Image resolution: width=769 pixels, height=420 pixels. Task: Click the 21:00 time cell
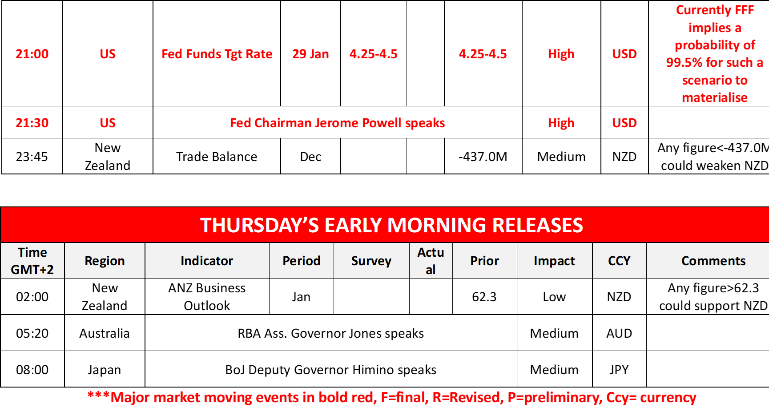coord(32,54)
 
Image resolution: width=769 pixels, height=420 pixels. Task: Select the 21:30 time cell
coord(32,123)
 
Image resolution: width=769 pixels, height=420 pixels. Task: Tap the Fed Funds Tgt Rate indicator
coord(217,54)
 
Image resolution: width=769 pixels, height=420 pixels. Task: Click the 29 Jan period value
coord(310,54)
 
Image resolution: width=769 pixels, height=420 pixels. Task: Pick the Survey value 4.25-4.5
coord(374,54)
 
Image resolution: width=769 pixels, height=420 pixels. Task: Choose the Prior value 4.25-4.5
coord(483,54)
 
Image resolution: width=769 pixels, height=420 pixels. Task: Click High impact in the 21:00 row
coord(561,54)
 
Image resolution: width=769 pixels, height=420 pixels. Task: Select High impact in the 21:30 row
coord(561,123)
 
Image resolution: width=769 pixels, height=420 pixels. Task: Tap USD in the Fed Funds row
coord(624,54)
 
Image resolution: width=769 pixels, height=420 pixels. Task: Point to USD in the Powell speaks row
coord(624,123)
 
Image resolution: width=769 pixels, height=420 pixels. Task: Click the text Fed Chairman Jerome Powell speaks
coord(338,123)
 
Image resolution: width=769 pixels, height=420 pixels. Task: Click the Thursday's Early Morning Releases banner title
coord(391,225)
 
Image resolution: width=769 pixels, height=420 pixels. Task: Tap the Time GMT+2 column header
coord(32,261)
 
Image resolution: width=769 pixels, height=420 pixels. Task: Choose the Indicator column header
coord(207,261)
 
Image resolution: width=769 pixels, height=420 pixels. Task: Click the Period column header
coord(301,261)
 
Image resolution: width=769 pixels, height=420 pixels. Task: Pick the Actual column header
coord(431,261)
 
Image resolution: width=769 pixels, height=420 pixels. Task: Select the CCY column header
coord(619,261)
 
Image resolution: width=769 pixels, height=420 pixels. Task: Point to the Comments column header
coord(713,261)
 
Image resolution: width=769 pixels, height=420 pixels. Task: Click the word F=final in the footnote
coord(404,397)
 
